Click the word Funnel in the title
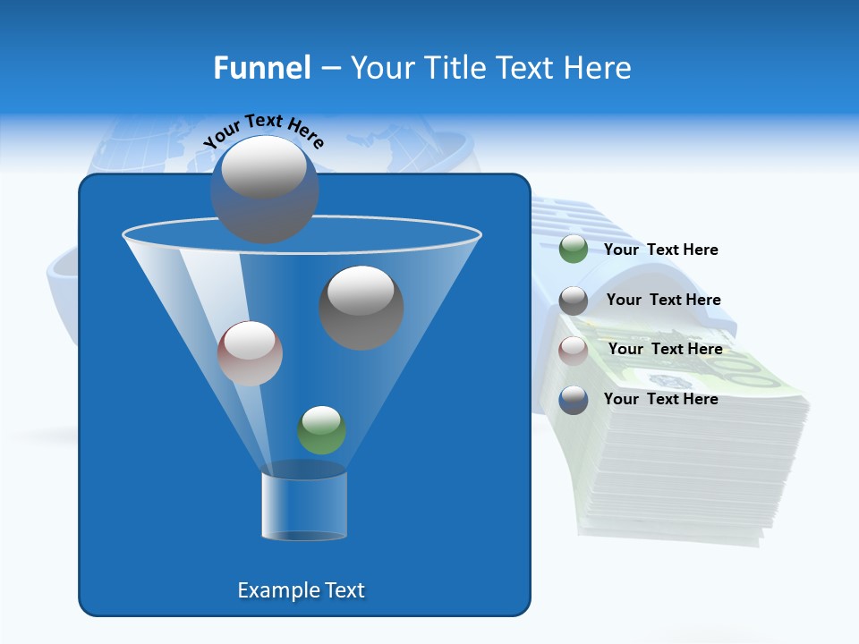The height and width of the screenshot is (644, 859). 261,68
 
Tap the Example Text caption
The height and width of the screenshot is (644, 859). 301,590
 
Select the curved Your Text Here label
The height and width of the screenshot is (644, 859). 263,130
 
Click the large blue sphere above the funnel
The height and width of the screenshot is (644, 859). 264,190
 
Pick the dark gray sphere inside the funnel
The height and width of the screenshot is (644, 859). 361,307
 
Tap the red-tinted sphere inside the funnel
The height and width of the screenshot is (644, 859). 250,353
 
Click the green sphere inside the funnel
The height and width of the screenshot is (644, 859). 321,430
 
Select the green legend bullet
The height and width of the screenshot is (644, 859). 573,250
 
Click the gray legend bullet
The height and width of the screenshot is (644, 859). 573,301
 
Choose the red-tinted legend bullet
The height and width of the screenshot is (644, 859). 573,351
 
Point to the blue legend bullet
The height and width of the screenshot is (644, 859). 573,400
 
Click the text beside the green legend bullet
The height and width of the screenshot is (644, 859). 660,250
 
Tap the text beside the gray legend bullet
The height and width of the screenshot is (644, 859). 663,300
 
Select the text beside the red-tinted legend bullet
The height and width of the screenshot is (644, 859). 665,349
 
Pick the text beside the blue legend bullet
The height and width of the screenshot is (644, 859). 660,399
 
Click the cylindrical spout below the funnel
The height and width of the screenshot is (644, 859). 304,506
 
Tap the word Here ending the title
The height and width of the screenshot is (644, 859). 600,68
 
